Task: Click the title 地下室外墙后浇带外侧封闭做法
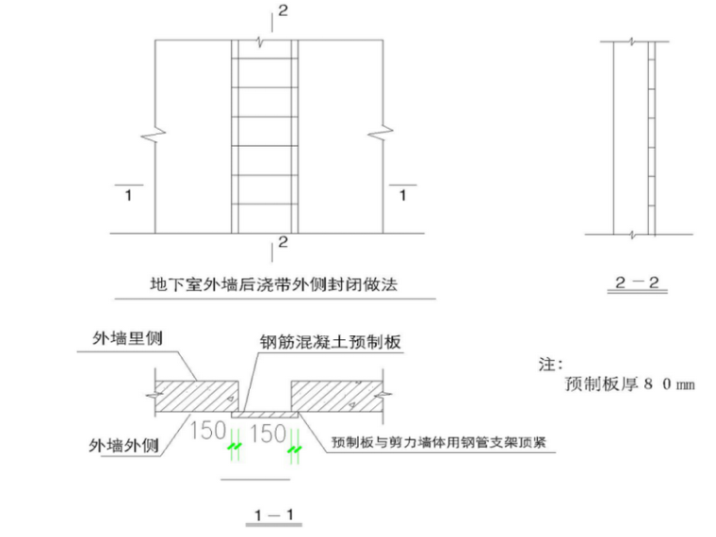click(274, 283)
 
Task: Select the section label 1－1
click(274, 514)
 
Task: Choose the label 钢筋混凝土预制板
click(330, 343)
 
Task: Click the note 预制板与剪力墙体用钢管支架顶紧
click(442, 441)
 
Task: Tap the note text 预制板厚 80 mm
click(629, 384)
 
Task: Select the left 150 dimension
click(208, 431)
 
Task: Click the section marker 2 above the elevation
click(281, 11)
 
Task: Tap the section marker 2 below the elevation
click(281, 244)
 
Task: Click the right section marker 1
click(403, 196)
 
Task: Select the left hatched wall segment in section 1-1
click(196, 396)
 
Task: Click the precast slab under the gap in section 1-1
click(268, 414)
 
